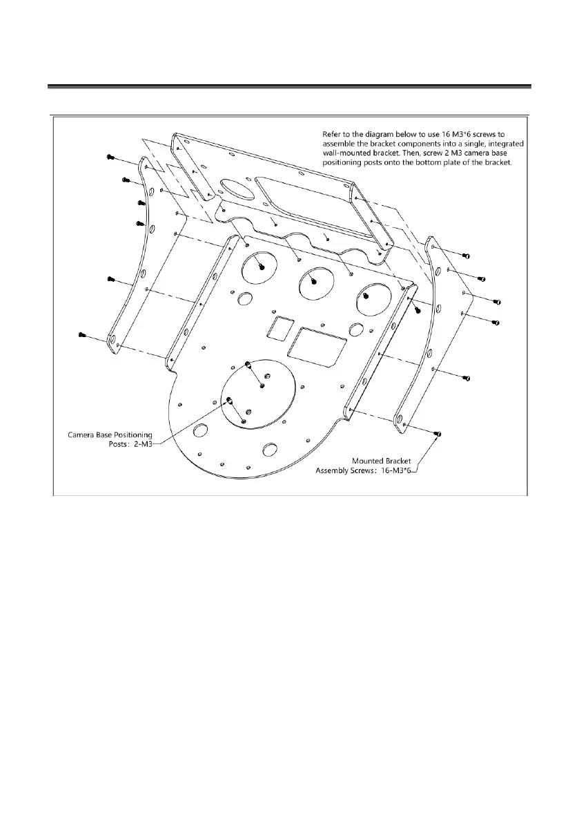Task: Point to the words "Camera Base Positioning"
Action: point(109,435)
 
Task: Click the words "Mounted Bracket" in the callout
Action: point(383,460)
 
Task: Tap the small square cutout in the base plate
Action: point(280,327)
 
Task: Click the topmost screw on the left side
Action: point(110,157)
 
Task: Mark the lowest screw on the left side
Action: point(81,335)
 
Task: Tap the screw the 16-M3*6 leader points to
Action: point(439,433)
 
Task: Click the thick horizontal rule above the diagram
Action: point(289,87)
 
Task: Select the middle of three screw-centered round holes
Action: point(314,281)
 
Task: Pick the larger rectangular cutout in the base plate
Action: point(317,348)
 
